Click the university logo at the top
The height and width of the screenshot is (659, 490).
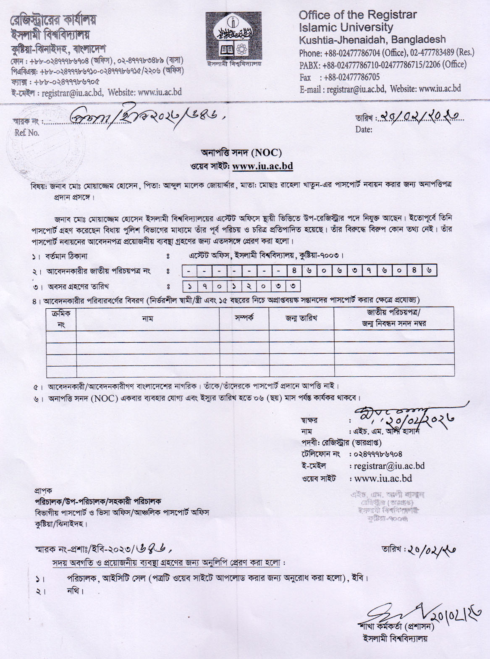[233, 38]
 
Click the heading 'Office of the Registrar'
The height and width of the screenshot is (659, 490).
[358, 15]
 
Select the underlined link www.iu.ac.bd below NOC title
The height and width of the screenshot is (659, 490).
[262, 166]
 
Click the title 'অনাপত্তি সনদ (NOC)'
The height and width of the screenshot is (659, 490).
[241, 152]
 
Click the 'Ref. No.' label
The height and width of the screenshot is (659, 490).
[27, 133]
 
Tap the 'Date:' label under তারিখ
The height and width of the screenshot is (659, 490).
[364, 129]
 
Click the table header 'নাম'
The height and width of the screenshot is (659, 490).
[147, 319]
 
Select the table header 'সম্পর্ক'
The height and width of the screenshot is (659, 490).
[244, 318]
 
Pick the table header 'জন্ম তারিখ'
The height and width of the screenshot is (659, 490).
[301, 318]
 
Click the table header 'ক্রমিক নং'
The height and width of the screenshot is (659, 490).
[61, 319]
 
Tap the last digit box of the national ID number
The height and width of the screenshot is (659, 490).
[429, 271]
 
